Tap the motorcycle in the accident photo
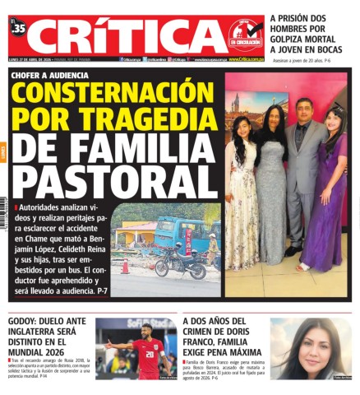tap(179, 263)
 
